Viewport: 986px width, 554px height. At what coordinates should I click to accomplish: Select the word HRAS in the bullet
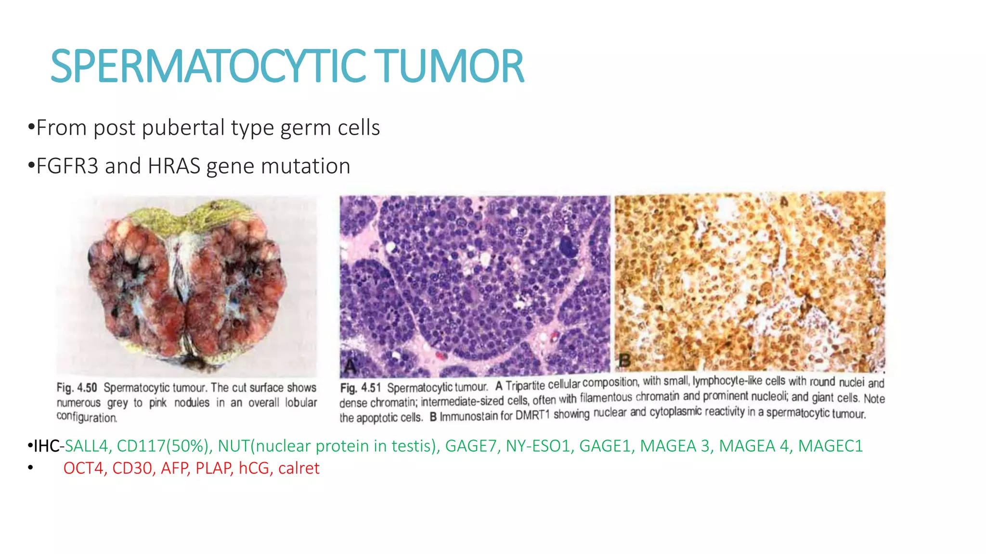tap(174, 166)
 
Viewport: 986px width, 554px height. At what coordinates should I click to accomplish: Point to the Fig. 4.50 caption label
tap(77, 388)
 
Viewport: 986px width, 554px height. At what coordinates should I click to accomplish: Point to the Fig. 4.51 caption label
tap(360, 388)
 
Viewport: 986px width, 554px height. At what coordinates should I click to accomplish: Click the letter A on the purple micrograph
tap(350, 367)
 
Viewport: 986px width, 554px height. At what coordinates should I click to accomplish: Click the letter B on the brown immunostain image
tap(624, 360)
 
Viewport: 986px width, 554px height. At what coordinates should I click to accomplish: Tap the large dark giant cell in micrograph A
tap(568, 247)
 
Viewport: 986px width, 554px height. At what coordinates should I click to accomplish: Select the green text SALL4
tap(86, 446)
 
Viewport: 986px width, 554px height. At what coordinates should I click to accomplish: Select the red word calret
tap(298, 468)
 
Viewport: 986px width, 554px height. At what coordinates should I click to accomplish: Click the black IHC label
tap(46, 446)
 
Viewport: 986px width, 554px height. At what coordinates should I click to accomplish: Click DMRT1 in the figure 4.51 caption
tap(532, 415)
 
